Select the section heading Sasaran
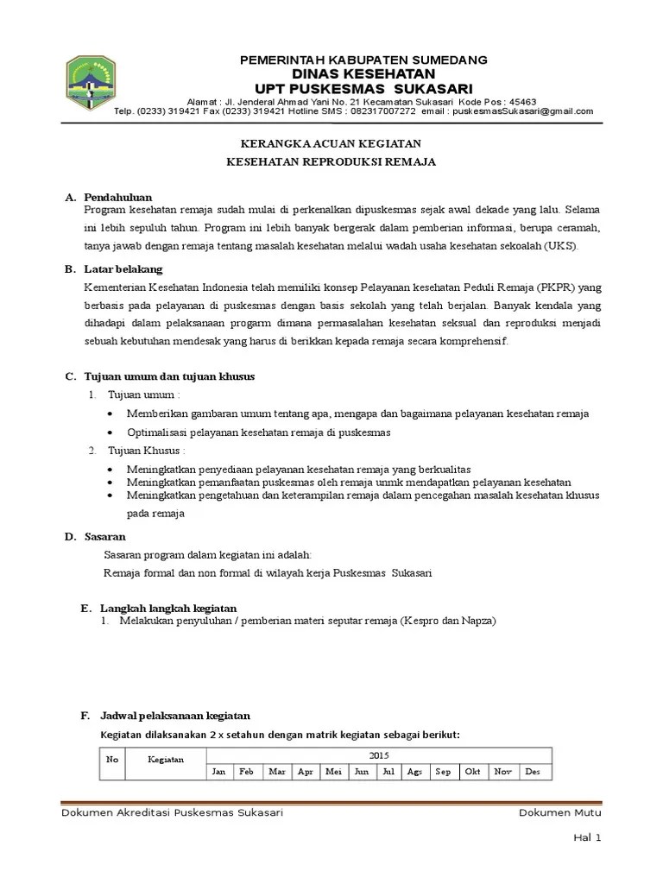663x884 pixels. [x=105, y=537]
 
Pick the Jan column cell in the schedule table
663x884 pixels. [x=219, y=772]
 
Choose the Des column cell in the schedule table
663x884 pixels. [x=532, y=772]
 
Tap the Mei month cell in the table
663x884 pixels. [x=333, y=772]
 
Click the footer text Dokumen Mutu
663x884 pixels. [x=560, y=813]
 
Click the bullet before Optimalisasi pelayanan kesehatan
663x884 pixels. [x=112, y=432]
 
